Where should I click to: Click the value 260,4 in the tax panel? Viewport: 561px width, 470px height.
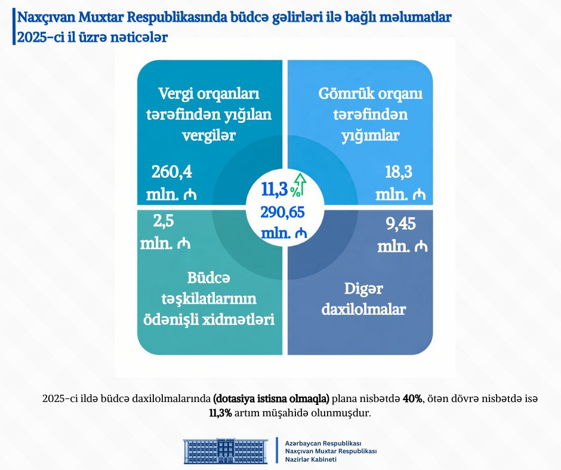tap(172, 173)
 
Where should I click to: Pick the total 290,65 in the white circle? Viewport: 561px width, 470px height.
tap(283, 212)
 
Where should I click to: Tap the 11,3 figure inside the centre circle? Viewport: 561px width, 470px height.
tap(275, 189)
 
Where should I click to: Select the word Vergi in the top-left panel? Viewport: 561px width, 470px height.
tap(177, 94)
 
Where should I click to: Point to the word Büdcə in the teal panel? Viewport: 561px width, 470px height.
tap(208, 277)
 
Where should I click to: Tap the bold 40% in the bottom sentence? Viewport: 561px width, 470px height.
tap(412, 398)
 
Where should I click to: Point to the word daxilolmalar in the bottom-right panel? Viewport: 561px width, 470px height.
tap(364, 310)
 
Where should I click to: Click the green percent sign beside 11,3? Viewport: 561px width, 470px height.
tap(295, 192)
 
